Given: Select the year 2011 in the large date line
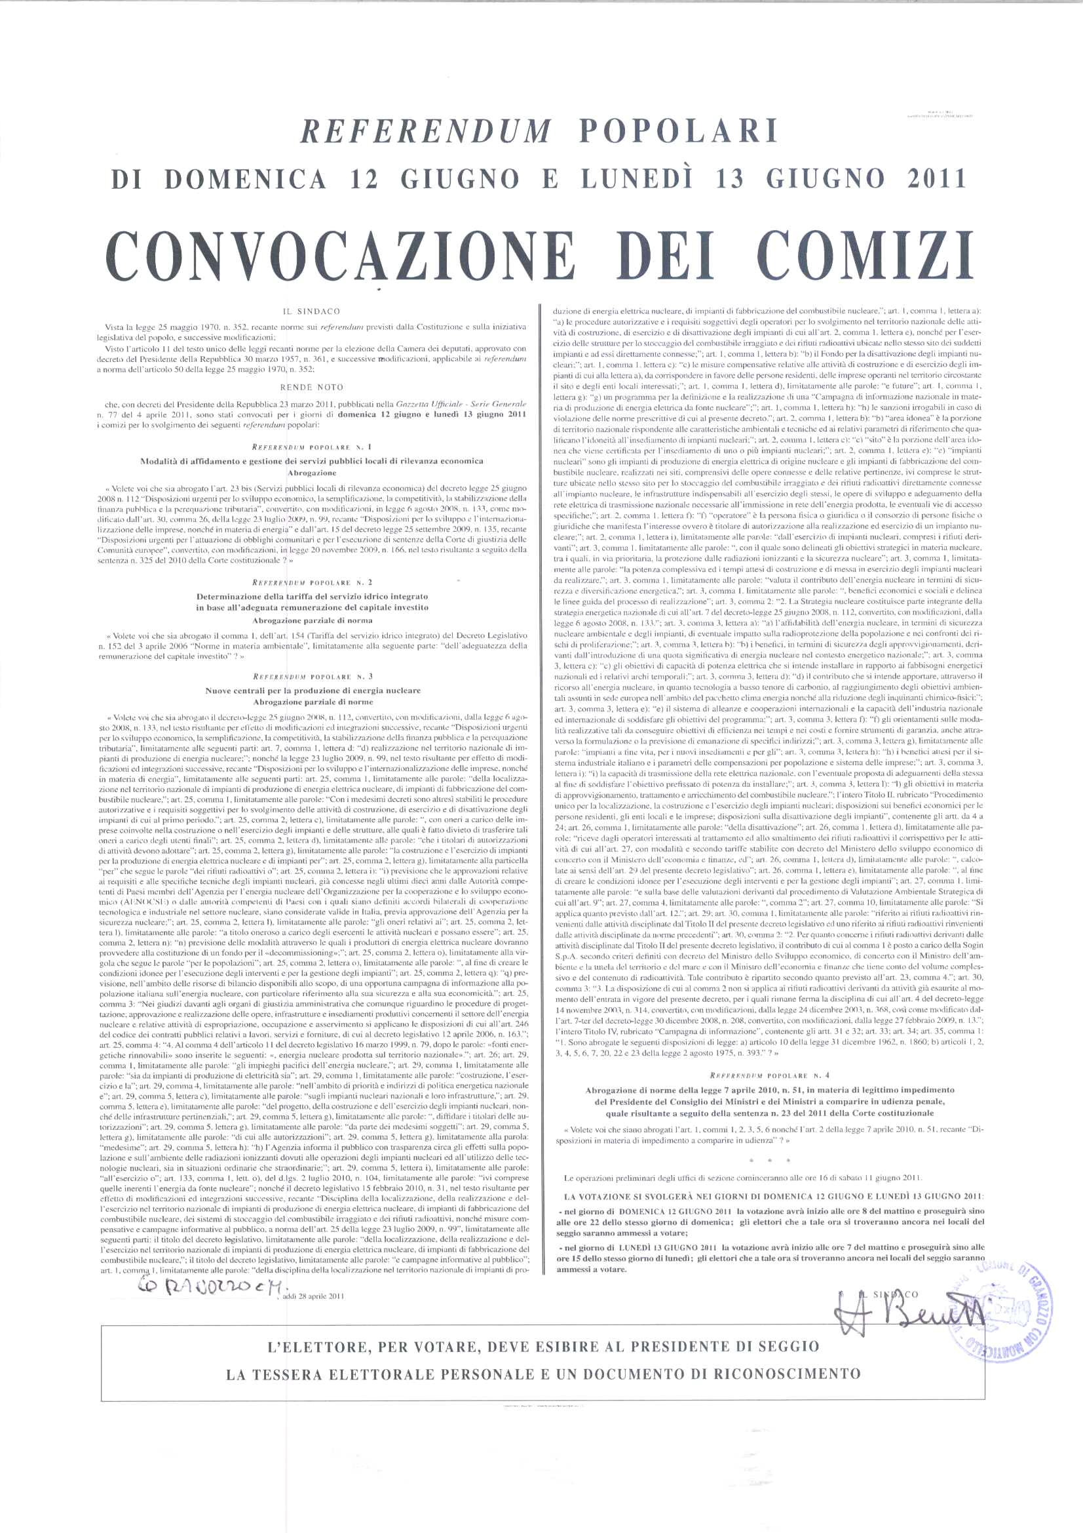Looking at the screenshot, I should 932,179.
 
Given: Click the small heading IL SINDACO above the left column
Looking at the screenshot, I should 312,311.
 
